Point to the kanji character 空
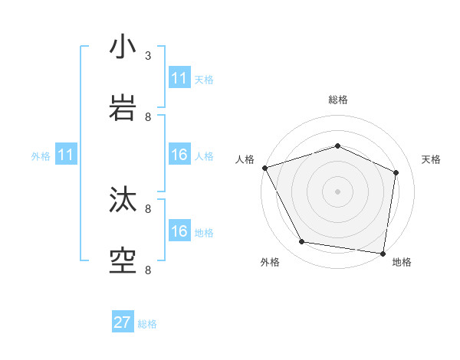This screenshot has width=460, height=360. coord(123,260)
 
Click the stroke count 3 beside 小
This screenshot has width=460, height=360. coord(148,55)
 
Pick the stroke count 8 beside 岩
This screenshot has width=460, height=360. coord(148,116)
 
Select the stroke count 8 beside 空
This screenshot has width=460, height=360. coord(148,270)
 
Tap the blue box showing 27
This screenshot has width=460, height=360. coord(123,322)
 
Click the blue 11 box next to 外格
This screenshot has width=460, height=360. coord(66,155)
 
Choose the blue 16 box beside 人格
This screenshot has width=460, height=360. coord(179,155)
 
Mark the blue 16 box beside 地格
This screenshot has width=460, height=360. coord(179,232)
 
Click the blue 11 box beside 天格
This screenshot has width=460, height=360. coord(179,78)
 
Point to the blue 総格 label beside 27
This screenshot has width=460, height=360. coord(147,324)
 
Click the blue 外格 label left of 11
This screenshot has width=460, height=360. coord(41,156)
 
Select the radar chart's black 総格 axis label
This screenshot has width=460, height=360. coord(337,100)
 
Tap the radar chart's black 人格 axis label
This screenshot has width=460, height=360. coord(245,159)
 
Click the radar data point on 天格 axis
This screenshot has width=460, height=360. coord(396,172)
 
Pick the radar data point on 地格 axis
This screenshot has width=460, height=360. coord(383,252)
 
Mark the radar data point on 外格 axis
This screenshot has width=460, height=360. coord(302,242)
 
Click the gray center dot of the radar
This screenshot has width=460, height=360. coord(337,191)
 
